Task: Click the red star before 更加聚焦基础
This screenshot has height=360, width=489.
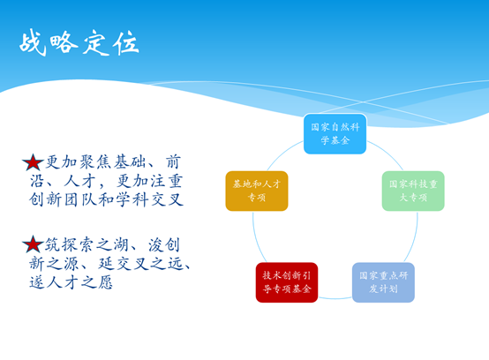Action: (33, 162)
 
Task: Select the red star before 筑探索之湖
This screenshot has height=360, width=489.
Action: (33, 244)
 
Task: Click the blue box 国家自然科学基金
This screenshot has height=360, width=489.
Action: (335, 133)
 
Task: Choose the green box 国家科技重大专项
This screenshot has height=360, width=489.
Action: (412, 191)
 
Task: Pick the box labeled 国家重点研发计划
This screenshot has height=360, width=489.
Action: (383, 281)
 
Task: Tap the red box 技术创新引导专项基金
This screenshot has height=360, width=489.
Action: (287, 281)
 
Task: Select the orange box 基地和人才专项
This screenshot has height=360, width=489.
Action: (257, 191)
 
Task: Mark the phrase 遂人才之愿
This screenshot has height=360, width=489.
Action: (79, 283)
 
